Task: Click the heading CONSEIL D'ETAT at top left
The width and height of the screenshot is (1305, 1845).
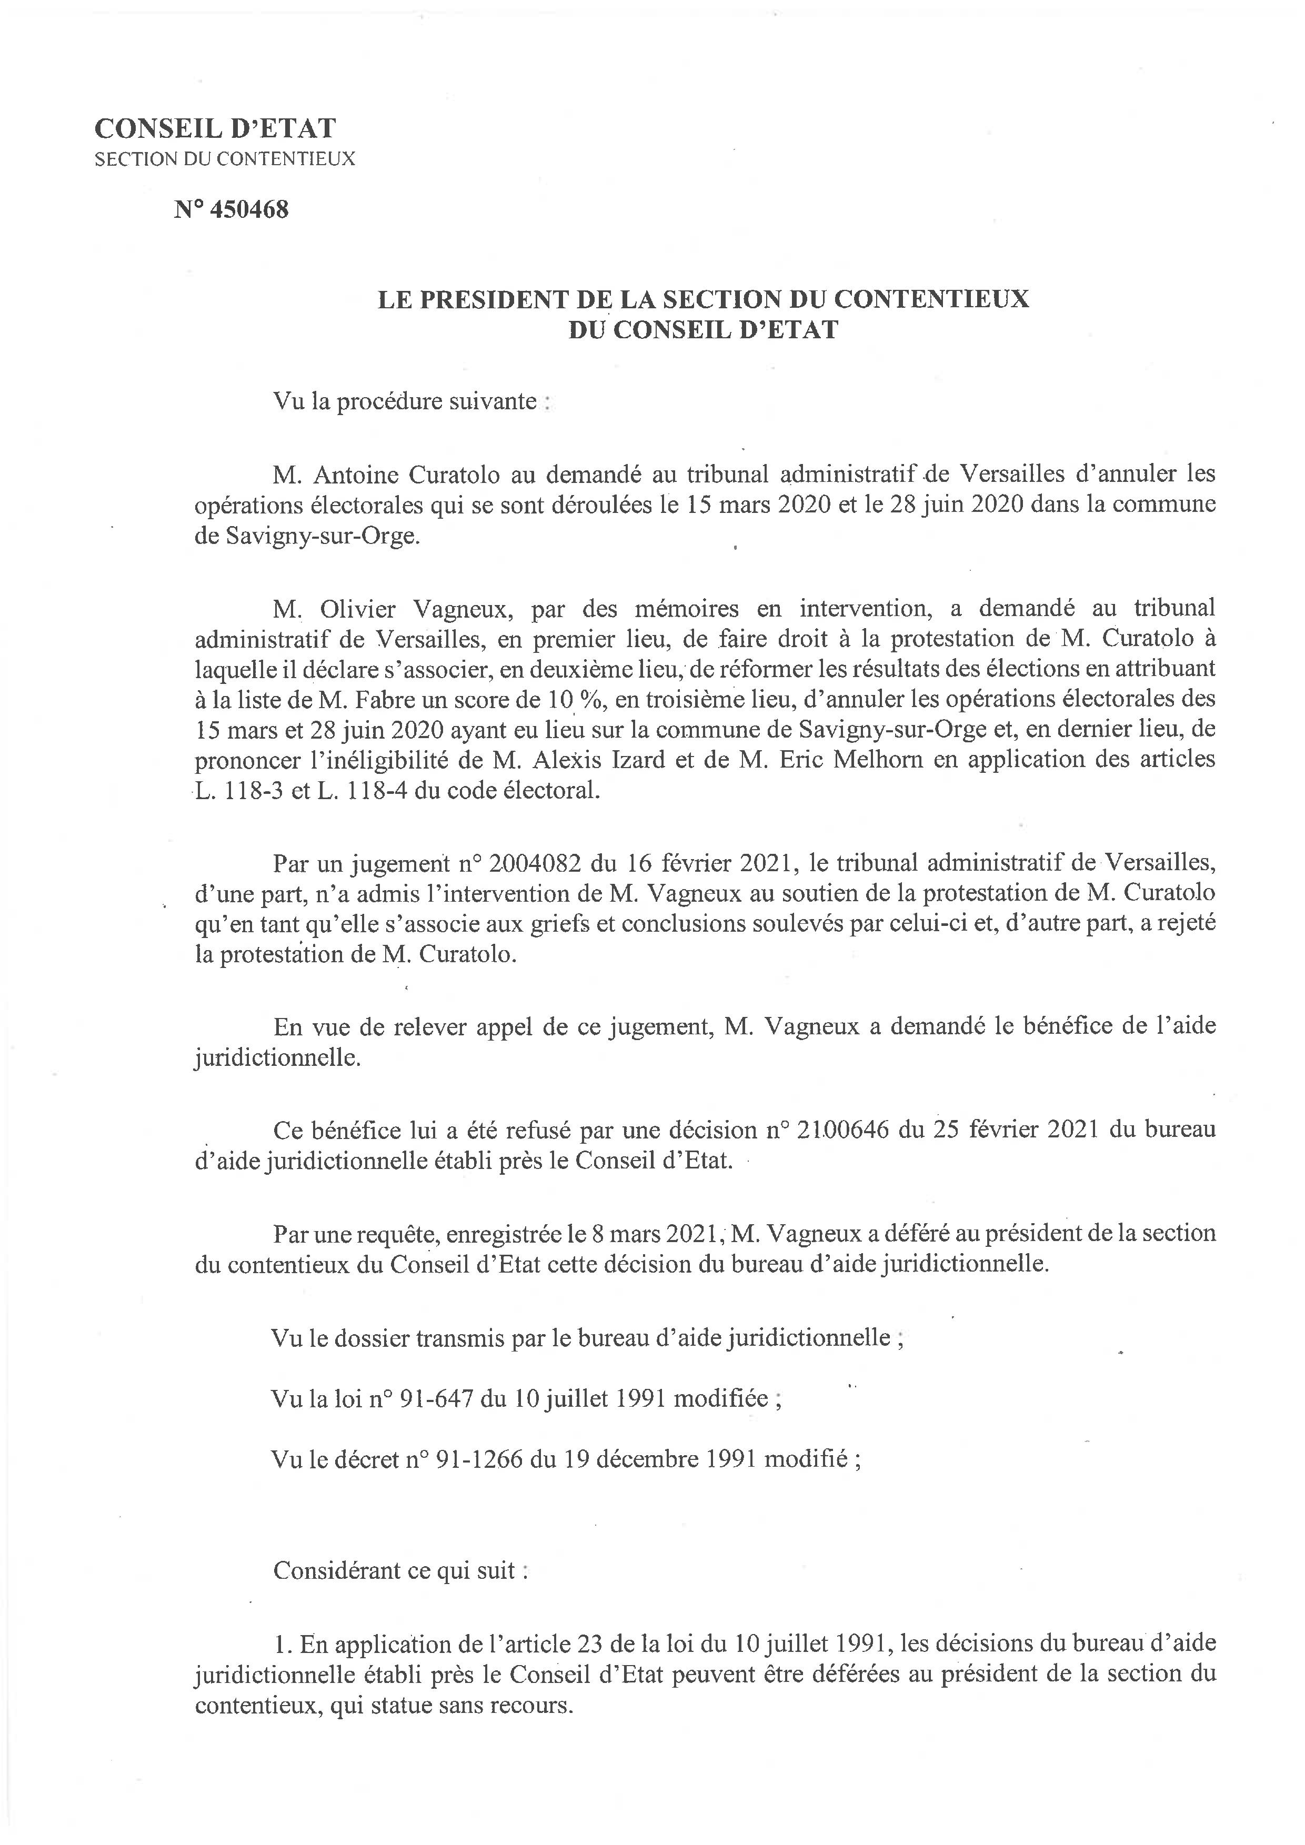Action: (215, 128)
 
